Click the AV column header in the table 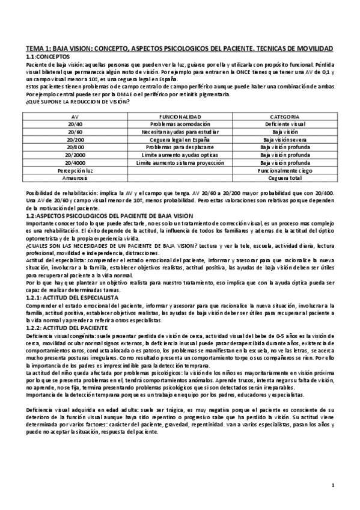pyautogui.click(x=75, y=115)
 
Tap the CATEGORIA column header pyautogui.click(x=285, y=115)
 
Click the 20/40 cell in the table pyautogui.click(x=75, y=123)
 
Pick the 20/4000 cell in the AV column pyautogui.click(x=75, y=162)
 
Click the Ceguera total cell pyautogui.click(x=285, y=178)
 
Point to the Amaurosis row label pyautogui.click(x=75, y=178)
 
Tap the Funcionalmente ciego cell pyautogui.click(x=285, y=170)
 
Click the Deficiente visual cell pyautogui.click(x=285, y=123)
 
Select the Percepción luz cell pyautogui.click(x=75, y=170)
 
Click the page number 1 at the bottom pyautogui.click(x=332, y=485)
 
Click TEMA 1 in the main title pyautogui.click(x=38, y=48)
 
